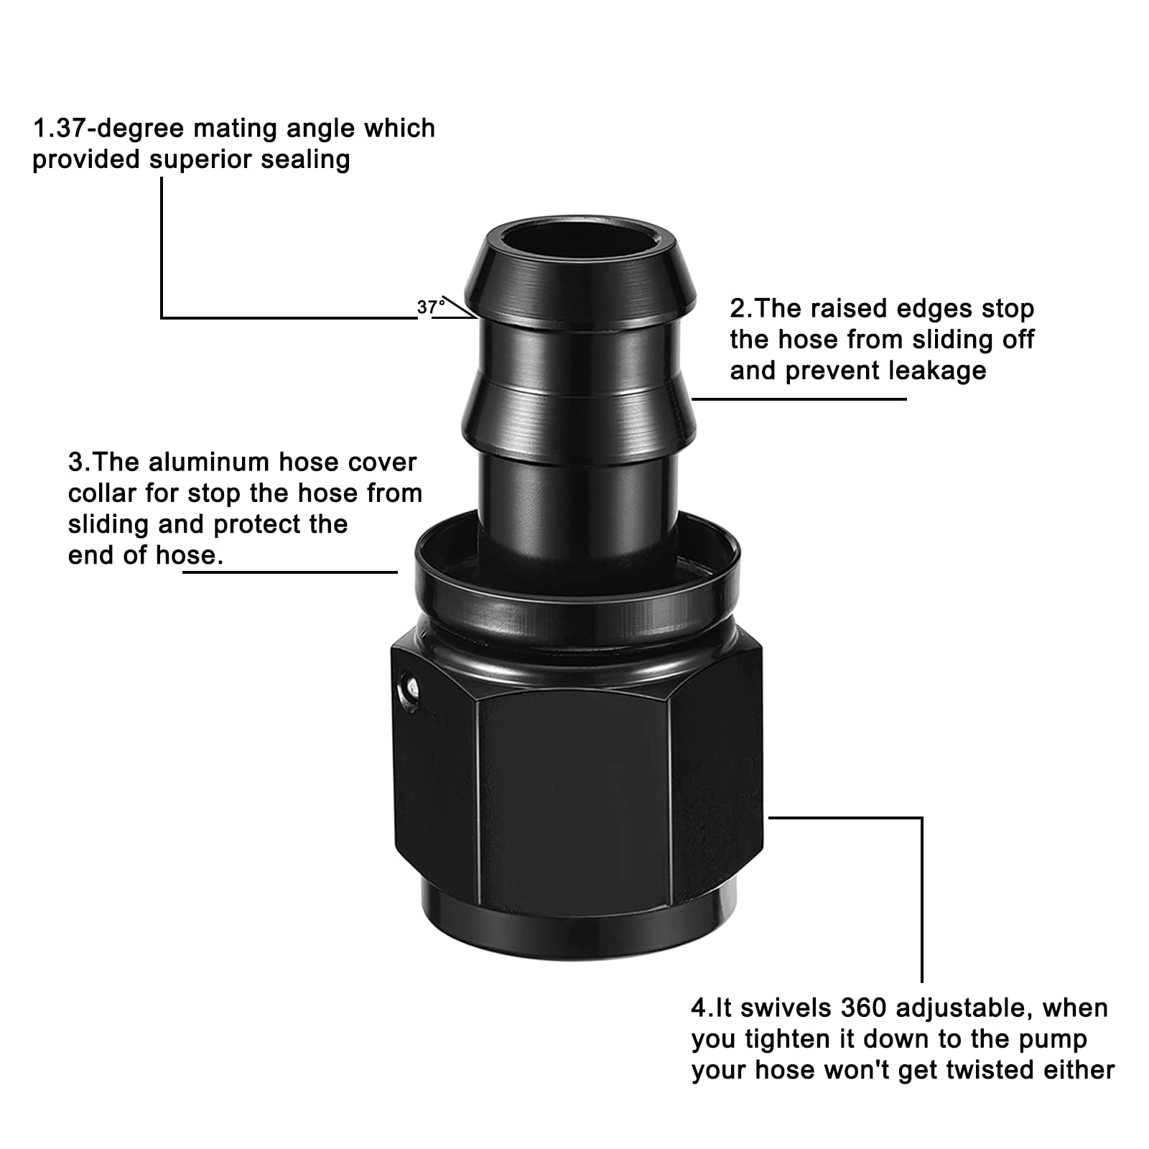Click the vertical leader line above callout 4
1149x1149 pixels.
pos(921,898)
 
